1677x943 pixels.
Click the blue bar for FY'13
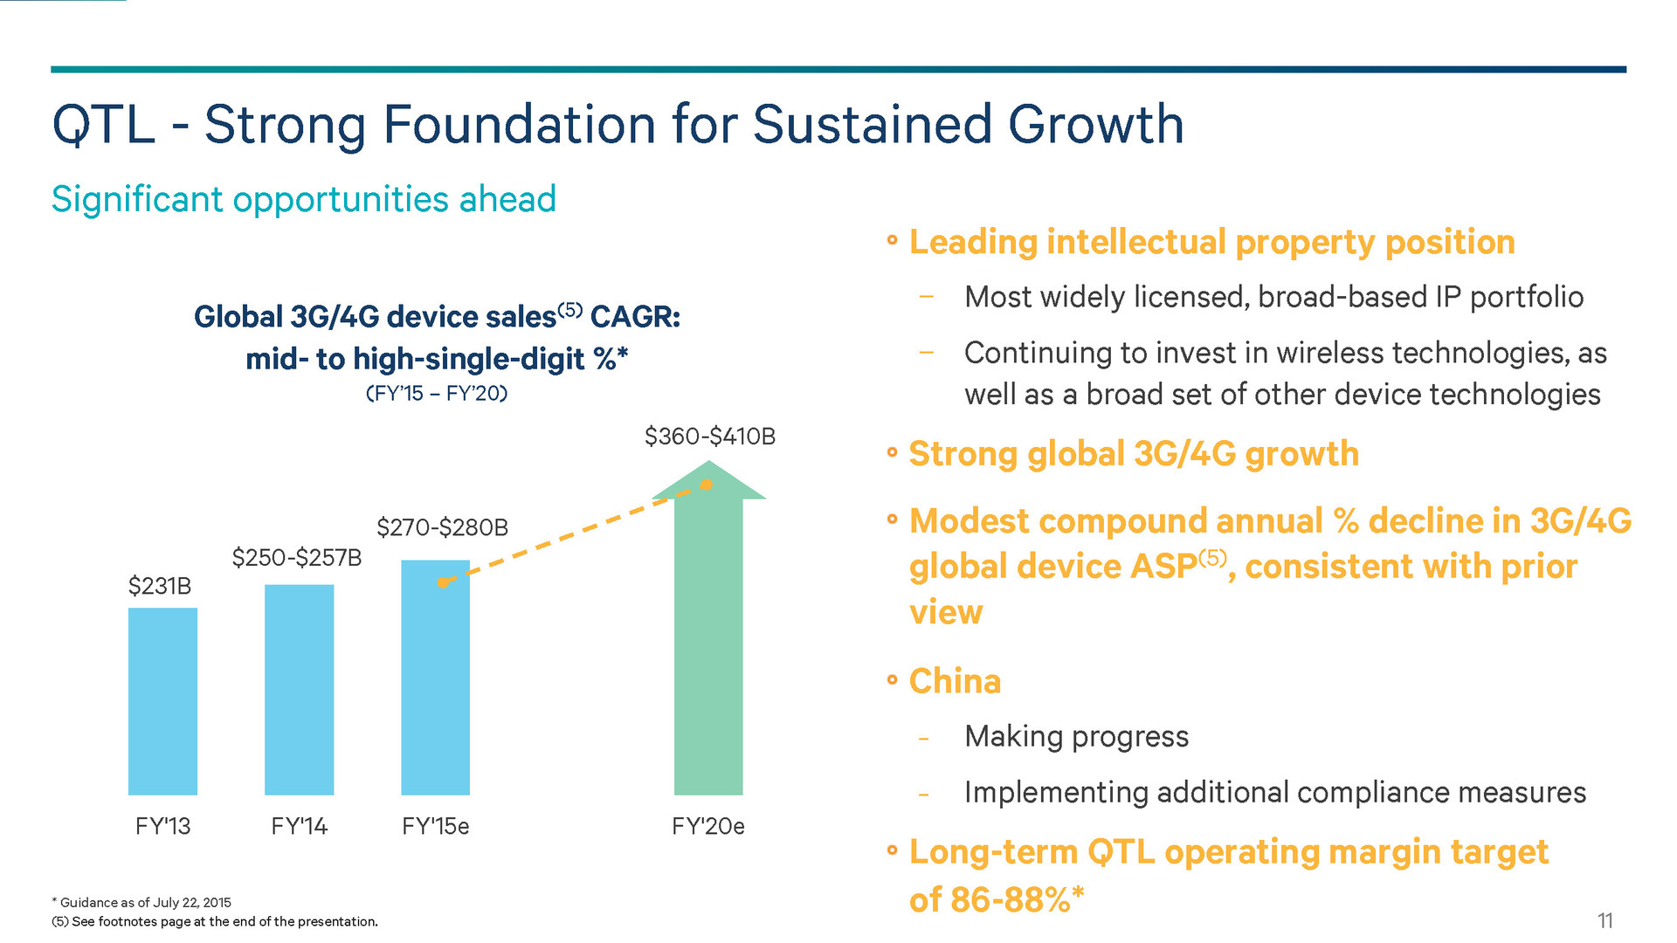(x=162, y=701)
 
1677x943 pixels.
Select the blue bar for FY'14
(x=299, y=690)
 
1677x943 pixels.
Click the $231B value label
(x=160, y=586)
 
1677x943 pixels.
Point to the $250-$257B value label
(x=297, y=557)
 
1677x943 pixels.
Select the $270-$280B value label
(x=442, y=527)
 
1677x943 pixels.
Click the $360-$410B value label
(x=709, y=437)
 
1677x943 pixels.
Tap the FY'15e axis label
(x=435, y=826)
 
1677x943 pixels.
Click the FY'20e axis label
(x=707, y=826)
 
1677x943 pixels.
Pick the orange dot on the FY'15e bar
(x=443, y=582)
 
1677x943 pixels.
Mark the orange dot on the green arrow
(x=707, y=485)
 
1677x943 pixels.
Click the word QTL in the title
(x=103, y=125)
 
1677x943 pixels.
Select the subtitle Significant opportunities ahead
(x=303, y=199)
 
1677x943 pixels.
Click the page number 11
(x=1605, y=920)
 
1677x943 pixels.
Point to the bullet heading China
(x=955, y=681)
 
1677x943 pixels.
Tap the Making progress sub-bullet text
(x=1076, y=736)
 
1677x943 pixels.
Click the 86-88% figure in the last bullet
(x=1011, y=899)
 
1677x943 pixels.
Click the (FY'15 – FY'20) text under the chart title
(x=436, y=393)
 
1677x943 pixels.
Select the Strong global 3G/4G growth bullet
(x=1134, y=454)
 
